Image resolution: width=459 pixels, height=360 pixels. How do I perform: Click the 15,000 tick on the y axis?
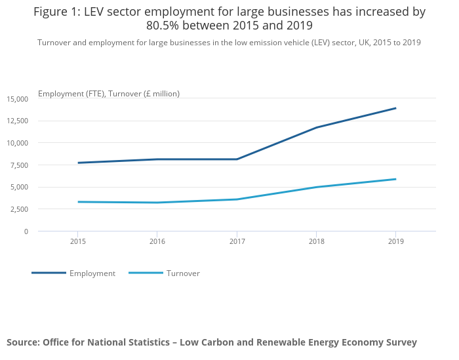click(x=18, y=99)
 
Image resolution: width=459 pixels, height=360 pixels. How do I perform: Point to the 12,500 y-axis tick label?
click(x=18, y=121)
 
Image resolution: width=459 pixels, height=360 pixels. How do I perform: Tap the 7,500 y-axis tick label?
click(x=19, y=165)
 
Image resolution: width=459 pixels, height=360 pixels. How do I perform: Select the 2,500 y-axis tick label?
click(x=19, y=209)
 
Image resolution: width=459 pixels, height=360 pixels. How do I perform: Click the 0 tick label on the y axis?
click(x=26, y=231)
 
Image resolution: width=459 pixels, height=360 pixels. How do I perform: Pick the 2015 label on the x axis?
click(x=78, y=241)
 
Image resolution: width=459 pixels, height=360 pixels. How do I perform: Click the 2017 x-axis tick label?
click(x=237, y=241)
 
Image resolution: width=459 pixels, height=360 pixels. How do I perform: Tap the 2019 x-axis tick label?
click(x=395, y=241)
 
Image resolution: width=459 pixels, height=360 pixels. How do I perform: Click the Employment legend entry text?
click(x=92, y=273)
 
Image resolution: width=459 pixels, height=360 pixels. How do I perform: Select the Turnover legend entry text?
click(x=183, y=273)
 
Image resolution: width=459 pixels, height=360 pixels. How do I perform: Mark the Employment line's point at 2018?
click(x=316, y=127)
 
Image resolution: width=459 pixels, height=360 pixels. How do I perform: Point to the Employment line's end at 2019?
click(x=395, y=108)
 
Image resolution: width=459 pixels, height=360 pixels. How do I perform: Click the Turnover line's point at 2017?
click(x=237, y=199)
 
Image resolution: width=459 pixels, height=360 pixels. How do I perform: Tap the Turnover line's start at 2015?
click(x=78, y=202)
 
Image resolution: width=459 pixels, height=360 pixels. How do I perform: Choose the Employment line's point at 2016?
click(x=157, y=159)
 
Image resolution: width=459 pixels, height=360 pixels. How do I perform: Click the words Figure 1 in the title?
click(x=56, y=12)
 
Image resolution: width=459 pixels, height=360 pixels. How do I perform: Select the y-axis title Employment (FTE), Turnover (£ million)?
click(x=109, y=94)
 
